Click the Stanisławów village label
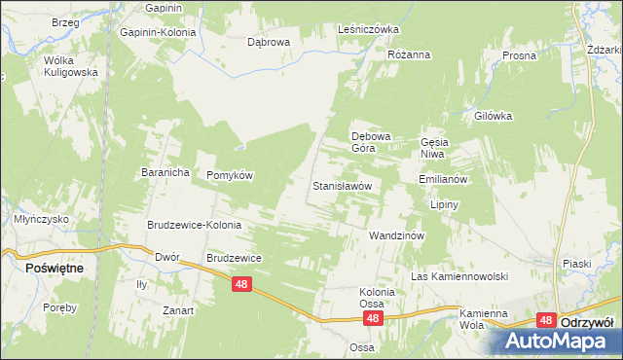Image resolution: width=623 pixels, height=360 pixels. click(341, 185)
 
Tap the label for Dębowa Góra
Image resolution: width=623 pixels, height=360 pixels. click(370, 143)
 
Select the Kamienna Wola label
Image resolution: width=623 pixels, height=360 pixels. click(485, 319)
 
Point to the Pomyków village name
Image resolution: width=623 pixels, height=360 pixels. click(230, 175)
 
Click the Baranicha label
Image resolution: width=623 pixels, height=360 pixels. click(163, 172)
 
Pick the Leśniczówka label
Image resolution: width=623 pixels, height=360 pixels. click(368, 29)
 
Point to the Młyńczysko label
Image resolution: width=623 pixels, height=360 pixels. click(41, 220)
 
